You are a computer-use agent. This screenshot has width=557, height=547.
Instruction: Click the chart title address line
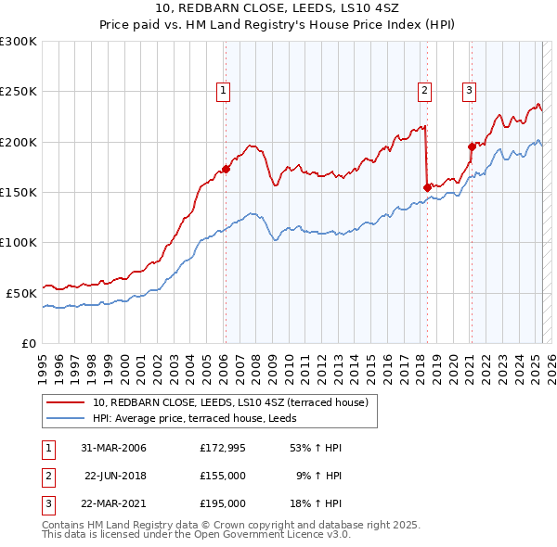[278, 8]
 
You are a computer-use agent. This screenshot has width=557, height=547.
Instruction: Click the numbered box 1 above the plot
[225, 90]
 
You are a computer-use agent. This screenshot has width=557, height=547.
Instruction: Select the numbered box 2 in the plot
[424, 90]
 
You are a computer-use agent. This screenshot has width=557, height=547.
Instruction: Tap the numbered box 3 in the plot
[470, 90]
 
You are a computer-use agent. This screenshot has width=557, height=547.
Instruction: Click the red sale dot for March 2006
[226, 170]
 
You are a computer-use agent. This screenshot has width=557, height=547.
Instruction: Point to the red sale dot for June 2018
[427, 187]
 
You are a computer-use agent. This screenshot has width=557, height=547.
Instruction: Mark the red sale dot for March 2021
[472, 146]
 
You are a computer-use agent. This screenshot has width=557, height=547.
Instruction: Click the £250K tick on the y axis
[19, 92]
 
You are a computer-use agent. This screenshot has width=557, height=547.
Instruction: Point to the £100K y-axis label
[19, 242]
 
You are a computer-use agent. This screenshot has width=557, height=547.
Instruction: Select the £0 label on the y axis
[29, 343]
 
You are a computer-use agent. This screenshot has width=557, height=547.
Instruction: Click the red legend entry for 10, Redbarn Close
[230, 402]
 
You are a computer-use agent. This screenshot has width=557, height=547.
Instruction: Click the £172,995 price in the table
[223, 448]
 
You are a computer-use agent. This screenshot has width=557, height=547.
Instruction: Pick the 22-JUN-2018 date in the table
[115, 476]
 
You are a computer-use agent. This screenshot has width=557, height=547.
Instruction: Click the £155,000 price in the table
[223, 476]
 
